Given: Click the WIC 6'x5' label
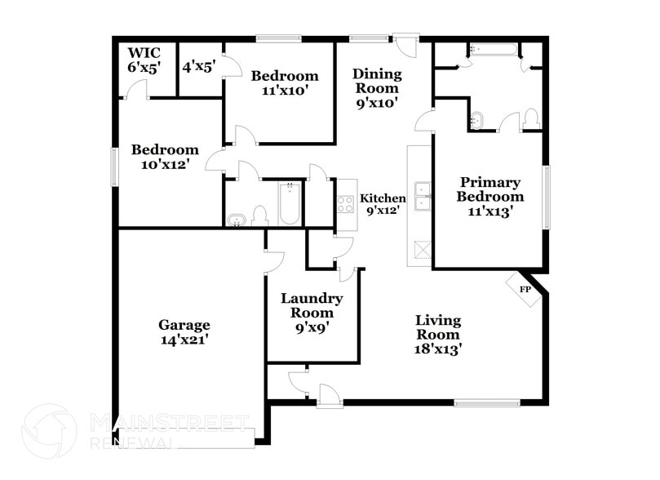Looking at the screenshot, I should tap(144, 60).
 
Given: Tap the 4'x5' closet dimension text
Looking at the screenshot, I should tap(197, 67).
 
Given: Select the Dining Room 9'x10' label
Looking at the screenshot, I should tap(375, 88).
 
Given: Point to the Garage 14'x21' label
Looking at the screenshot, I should tap(184, 331).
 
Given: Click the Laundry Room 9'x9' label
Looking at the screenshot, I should tap(312, 312).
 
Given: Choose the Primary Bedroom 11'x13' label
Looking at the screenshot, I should tap(489, 197).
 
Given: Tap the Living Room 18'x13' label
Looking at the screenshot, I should tap(438, 334).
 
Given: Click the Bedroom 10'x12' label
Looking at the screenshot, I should tap(166, 157).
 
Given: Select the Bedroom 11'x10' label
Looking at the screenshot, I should tap(285, 82).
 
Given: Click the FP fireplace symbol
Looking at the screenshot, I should tap(525, 290).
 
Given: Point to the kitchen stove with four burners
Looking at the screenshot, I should tap(346, 202).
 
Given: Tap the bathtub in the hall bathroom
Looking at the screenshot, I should tap(290, 204).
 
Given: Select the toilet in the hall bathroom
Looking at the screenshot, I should tap(260, 216).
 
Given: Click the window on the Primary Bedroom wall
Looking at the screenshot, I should tap(547, 197).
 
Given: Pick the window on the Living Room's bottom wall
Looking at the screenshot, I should tap(487, 402).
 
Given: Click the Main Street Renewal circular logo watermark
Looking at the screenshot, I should tap(49, 431).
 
